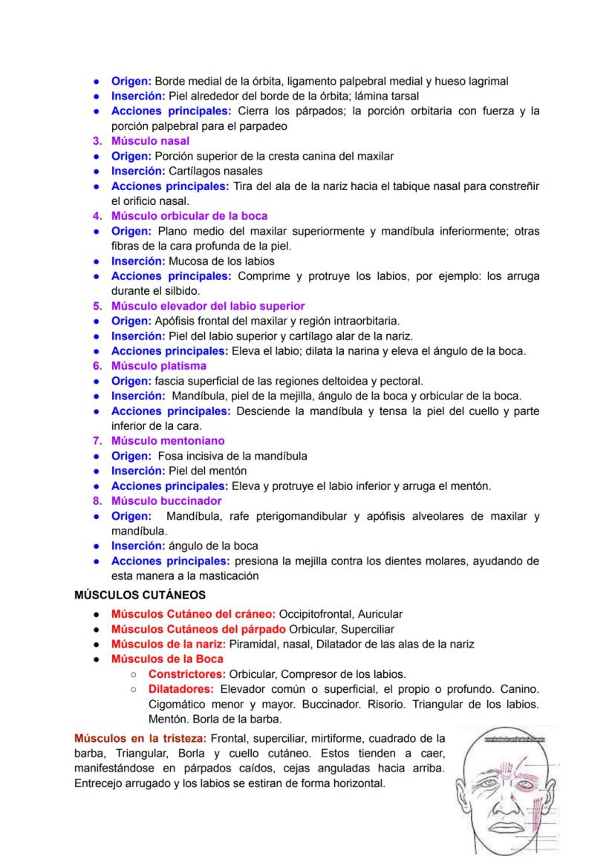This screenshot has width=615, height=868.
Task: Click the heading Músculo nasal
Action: [x=150, y=140]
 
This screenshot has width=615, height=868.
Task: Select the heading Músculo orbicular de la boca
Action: [x=189, y=216]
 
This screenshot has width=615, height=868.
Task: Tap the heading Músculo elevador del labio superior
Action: [x=208, y=306]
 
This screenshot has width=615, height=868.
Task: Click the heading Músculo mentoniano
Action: [x=168, y=440]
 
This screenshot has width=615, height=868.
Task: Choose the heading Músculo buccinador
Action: [x=166, y=500]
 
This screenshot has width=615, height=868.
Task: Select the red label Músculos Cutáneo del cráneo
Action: [x=193, y=614]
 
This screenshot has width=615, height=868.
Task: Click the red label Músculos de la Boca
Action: [x=167, y=659]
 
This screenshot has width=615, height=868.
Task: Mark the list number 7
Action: [x=97, y=440]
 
